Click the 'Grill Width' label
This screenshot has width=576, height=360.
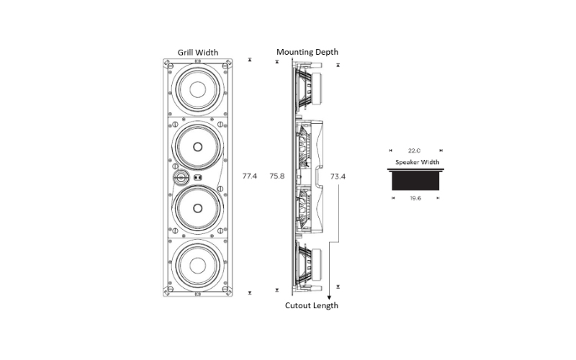(x=198, y=52)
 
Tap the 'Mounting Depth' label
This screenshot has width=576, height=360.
(x=307, y=52)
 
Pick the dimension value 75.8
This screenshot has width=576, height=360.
(x=277, y=176)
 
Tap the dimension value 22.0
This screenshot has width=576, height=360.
(x=415, y=150)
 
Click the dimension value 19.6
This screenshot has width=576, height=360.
(x=415, y=197)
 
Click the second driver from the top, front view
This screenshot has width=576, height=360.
(x=197, y=146)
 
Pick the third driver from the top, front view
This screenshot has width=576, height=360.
(x=197, y=207)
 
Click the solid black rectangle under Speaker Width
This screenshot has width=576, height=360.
(x=415, y=180)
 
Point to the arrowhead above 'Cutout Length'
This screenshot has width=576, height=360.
(x=329, y=295)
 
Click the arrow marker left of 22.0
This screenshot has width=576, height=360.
(x=390, y=150)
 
